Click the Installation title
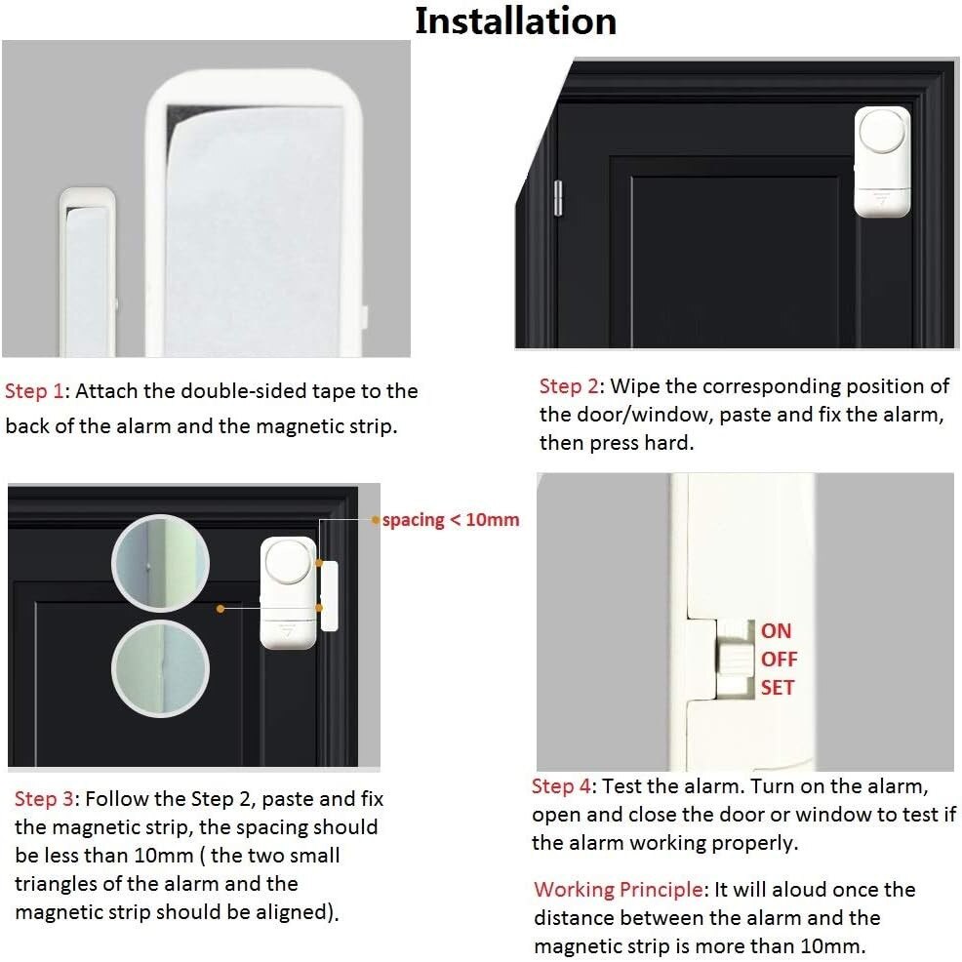coord(516,20)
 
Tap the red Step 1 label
coord(34,391)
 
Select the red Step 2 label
coord(569,386)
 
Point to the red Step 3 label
coord(44,799)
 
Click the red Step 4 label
coord(561,786)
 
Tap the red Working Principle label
coord(619,889)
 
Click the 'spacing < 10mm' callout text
coord(451,520)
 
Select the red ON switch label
coord(776,630)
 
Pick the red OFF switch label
coord(780,659)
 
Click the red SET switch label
coord(778,687)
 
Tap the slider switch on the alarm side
coord(735,659)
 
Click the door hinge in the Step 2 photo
coord(558,198)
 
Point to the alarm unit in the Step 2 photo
coord(882,162)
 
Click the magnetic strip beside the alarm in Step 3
coord(330,596)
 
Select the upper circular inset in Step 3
coord(160,563)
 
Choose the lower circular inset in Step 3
coord(160,668)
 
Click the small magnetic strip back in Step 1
coord(87,272)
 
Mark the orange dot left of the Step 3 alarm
coord(220,608)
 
